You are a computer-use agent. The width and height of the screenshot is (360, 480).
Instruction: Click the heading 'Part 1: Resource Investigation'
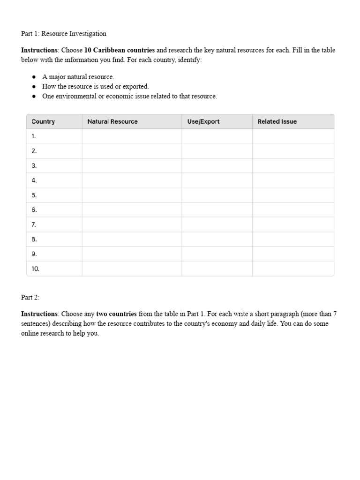coord(64,34)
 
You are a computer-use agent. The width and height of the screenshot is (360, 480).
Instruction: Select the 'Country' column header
coord(43,121)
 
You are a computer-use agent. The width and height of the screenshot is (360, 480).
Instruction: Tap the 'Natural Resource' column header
coord(112,121)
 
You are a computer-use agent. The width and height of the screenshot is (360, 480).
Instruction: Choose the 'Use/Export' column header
coord(203,121)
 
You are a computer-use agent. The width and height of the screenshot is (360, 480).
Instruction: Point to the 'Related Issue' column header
coord(277,121)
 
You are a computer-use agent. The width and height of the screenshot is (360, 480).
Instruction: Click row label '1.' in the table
coord(34,136)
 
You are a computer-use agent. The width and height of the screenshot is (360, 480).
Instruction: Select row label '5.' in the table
coord(34,195)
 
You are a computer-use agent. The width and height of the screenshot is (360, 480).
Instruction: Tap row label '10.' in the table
coord(35,269)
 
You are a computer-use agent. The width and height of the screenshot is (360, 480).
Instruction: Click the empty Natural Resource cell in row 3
coord(132,165)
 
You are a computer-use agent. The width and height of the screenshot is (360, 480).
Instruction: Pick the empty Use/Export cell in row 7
coord(217,225)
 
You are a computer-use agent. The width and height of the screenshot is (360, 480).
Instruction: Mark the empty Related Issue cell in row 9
coord(293,254)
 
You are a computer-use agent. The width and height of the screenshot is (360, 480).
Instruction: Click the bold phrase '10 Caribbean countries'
coord(120,50)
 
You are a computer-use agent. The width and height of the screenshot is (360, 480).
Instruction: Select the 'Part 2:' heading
coord(30,297)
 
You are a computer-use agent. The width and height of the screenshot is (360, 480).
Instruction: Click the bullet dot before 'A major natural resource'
coord(34,77)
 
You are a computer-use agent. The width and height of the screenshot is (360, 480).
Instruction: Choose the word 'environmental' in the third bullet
coord(77,96)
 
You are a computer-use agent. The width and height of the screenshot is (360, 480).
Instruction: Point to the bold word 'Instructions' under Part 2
coord(39,314)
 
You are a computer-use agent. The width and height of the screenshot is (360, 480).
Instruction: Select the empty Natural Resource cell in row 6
coord(132,210)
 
